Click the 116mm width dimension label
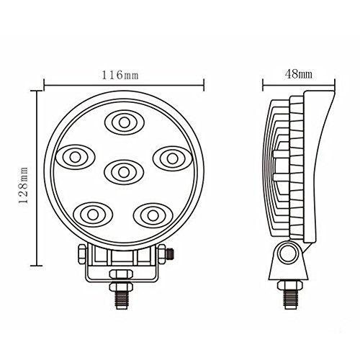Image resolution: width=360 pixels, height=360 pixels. pyautogui.click(x=120, y=75)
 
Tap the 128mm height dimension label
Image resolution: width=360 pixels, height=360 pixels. pyautogui.click(x=23, y=185)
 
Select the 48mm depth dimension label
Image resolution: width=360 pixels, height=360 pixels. pyautogui.click(x=299, y=74)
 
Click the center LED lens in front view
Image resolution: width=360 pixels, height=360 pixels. pyautogui.click(x=124, y=172)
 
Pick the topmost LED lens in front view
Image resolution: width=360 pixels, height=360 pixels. pyautogui.click(x=125, y=122)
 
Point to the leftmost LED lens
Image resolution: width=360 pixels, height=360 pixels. pyautogui.click(x=75, y=157)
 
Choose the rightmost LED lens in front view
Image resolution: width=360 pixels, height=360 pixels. pyautogui.click(x=173, y=158)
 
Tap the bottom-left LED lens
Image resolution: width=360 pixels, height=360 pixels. pyautogui.click(x=93, y=215)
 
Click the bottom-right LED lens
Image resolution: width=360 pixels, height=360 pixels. pyautogui.click(x=153, y=215)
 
